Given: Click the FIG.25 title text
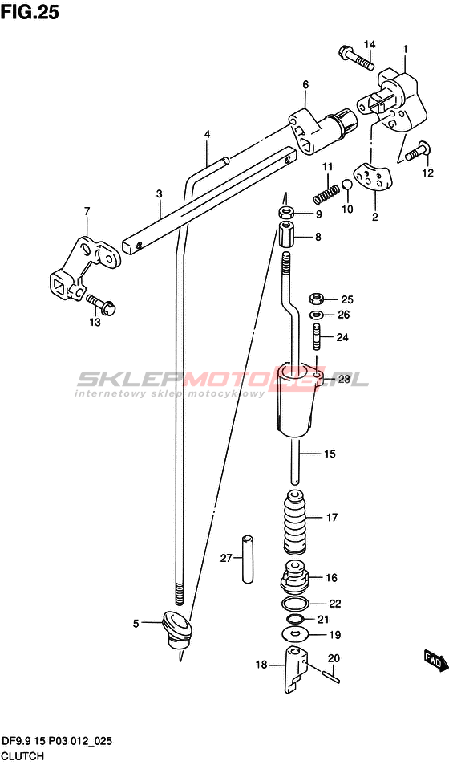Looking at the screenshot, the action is (30, 12).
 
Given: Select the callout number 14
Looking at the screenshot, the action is (370, 45).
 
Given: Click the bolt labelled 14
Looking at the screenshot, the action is (355, 57).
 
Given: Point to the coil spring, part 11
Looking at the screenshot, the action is (326, 193).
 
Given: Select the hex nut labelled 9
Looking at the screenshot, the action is (285, 214).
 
